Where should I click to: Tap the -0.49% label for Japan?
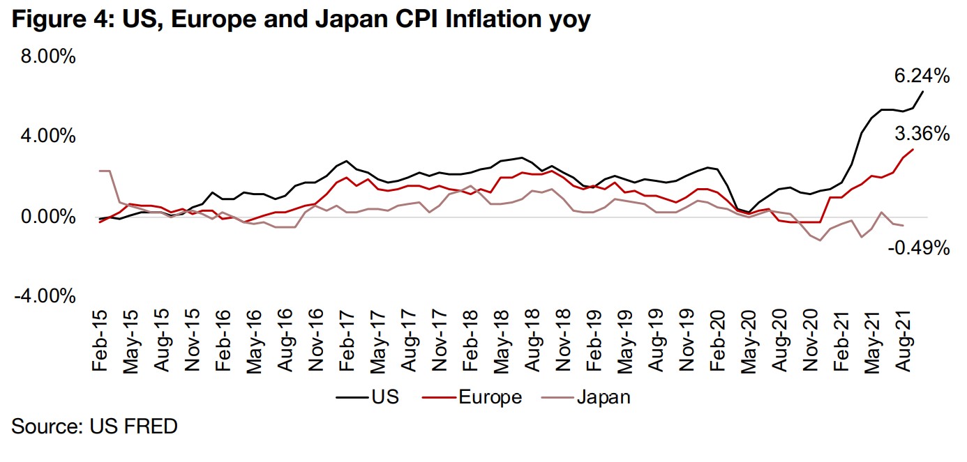(918, 247)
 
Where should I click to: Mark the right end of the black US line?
(923, 91)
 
